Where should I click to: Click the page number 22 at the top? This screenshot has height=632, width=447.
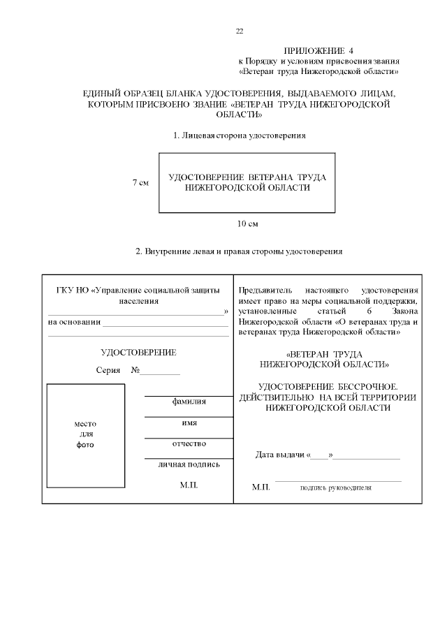pyautogui.click(x=240, y=31)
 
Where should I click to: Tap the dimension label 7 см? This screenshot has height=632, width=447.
pyautogui.click(x=140, y=183)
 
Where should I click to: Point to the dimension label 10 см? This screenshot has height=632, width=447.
pyautogui.click(x=248, y=223)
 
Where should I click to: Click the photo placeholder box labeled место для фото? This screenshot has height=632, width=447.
pyautogui.click(x=85, y=433)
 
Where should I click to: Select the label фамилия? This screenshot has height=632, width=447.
pyautogui.click(x=189, y=402)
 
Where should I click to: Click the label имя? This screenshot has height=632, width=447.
pyautogui.click(x=189, y=422)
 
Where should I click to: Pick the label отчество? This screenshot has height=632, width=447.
pyautogui.click(x=189, y=443)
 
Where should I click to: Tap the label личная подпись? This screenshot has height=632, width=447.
pyautogui.click(x=189, y=464)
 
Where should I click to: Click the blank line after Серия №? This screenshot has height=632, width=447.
pyautogui.click(x=161, y=372)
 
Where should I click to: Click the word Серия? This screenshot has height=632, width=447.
pyautogui.click(x=108, y=369)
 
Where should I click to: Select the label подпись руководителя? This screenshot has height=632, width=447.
pyautogui.click(x=335, y=487)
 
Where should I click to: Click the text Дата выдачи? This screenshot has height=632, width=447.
pyautogui.click(x=280, y=455)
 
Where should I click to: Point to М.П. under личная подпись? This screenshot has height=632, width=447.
pyautogui.click(x=189, y=485)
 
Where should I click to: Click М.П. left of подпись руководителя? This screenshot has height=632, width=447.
pyautogui.click(x=261, y=487)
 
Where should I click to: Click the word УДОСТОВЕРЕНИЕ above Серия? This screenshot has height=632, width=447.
pyautogui.click(x=138, y=352)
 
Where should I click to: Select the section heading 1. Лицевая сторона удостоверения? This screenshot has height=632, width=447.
pyautogui.click(x=240, y=134)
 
